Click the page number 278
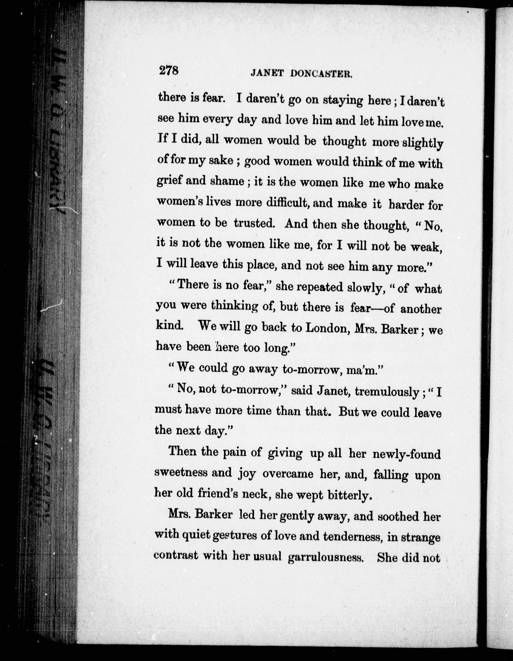[x=169, y=71]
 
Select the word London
[x=326, y=328]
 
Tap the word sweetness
[x=181, y=472]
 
